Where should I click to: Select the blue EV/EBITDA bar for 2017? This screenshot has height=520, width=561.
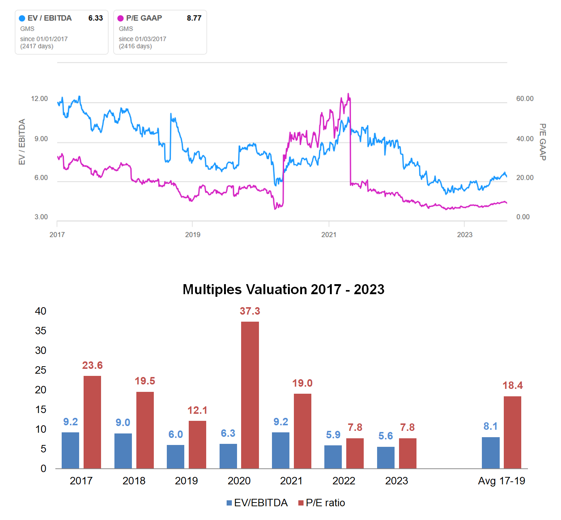70,450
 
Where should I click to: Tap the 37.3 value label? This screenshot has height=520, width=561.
250,311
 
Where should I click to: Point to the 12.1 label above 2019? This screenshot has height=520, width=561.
197,410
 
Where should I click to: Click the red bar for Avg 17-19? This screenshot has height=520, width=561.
512,432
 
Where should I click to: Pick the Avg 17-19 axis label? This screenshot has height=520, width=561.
501,481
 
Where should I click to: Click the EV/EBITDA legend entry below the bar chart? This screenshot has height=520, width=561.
257,503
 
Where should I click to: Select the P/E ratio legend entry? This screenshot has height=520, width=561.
322,503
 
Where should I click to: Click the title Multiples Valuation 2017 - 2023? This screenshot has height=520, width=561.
283,289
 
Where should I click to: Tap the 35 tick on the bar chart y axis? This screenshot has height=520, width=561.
41,331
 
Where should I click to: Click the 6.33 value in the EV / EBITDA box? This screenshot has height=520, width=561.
95,18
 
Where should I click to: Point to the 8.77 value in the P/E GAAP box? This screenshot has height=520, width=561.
194,18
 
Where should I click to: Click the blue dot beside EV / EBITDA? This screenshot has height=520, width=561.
22,18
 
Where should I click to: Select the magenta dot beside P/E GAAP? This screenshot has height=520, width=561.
120,18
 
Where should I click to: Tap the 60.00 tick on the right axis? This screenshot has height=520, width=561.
525,98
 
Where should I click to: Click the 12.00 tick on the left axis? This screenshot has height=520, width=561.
39,98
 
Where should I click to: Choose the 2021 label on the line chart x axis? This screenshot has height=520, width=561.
329,234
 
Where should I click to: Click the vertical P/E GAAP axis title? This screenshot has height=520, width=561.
543,142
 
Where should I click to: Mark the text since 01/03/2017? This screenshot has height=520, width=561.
142,39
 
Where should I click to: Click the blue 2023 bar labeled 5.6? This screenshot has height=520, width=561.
386,458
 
